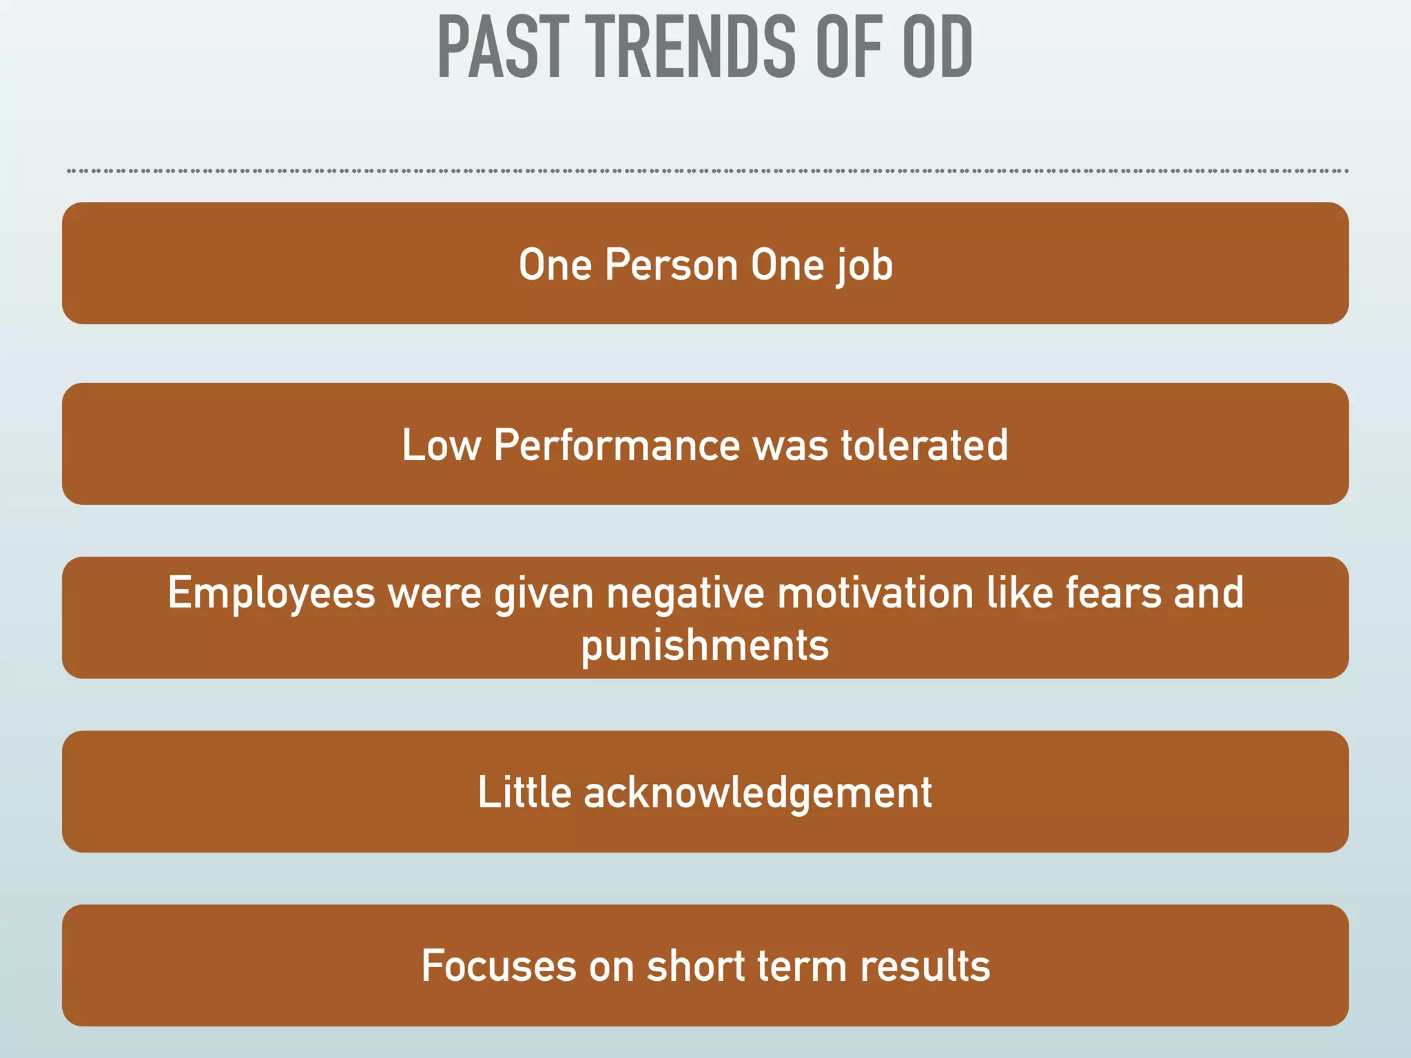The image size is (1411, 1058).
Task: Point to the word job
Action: pyautogui.click(x=865, y=266)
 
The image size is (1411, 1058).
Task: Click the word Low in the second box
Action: pyautogui.click(x=441, y=445)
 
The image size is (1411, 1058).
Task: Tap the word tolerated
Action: pyautogui.click(x=925, y=445)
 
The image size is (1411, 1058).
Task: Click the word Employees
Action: pyautogui.click(x=271, y=594)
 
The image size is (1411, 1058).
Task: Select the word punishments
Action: pyautogui.click(x=705, y=646)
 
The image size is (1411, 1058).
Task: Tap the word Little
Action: pyautogui.click(x=524, y=792)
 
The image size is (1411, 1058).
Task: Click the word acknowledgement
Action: pyautogui.click(x=758, y=793)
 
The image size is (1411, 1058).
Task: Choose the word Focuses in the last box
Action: pyautogui.click(x=498, y=966)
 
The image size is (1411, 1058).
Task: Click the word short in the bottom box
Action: pyautogui.click(x=696, y=966)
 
